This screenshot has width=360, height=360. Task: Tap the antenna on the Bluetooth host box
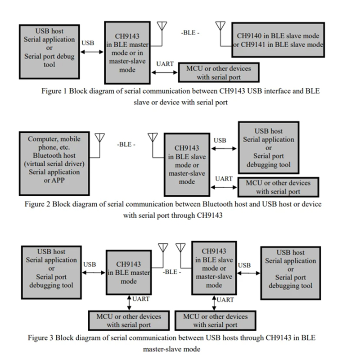pyautogui.click(x=99, y=138)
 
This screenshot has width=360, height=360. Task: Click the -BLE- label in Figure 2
pyautogui.click(x=126, y=145)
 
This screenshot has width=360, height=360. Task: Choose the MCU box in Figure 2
pyautogui.click(x=277, y=187)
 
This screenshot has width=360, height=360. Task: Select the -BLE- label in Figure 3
pyautogui.click(x=172, y=272)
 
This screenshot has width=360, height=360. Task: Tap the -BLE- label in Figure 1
pyautogui.click(x=190, y=33)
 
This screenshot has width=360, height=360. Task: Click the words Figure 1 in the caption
pyautogui.click(x=54, y=91)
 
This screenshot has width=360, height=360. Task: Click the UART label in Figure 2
pyautogui.click(x=224, y=179)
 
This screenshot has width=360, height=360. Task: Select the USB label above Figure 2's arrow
pyautogui.click(x=220, y=140)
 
